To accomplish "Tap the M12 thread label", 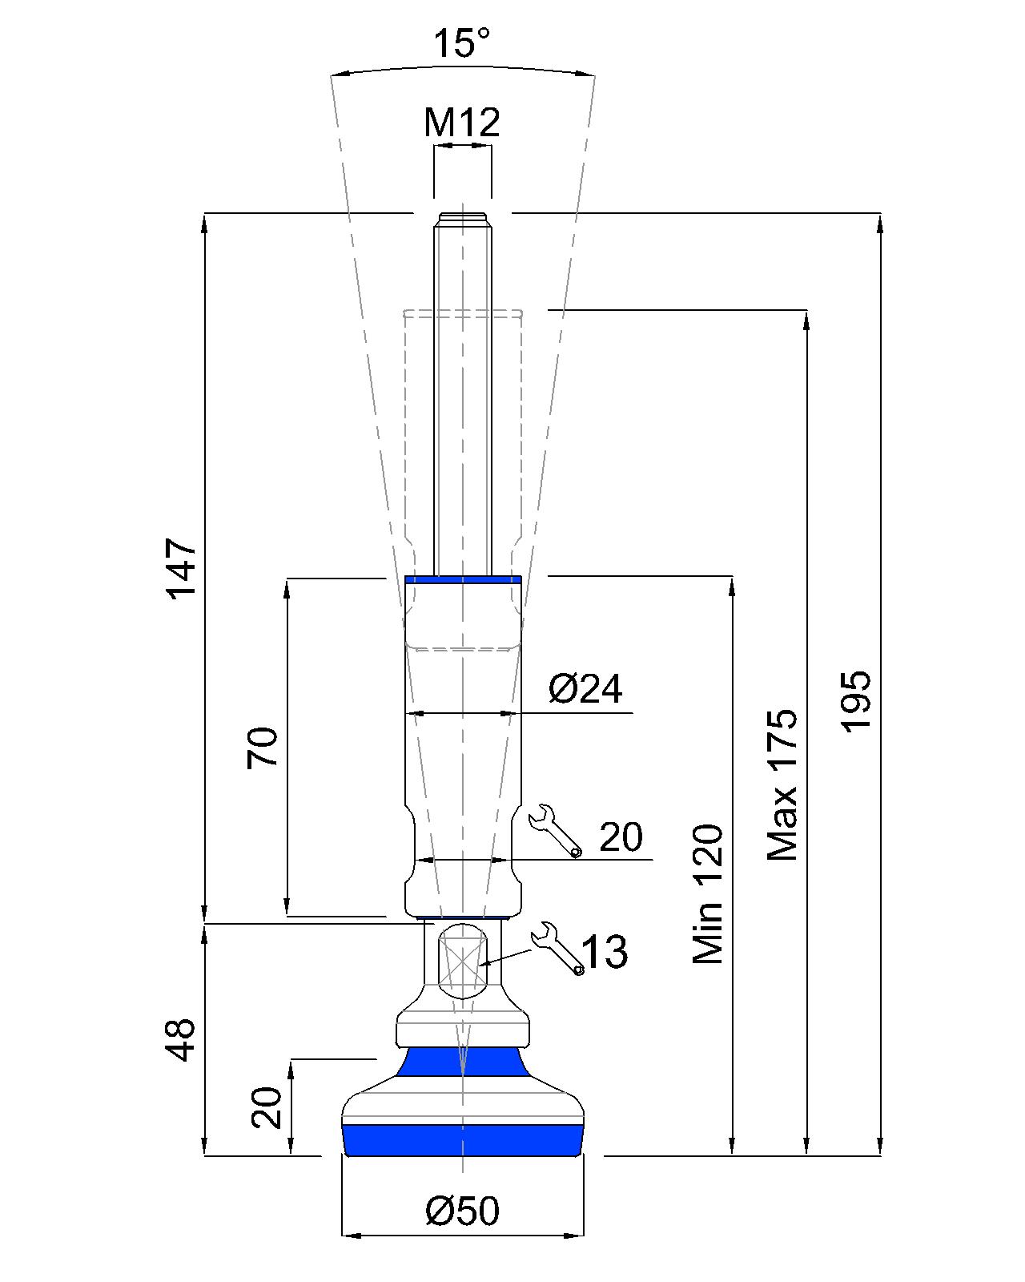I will coord(462,123).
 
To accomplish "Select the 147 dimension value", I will coord(182,569).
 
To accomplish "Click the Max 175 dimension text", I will coord(783,784).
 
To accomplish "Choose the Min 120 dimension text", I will coord(709,893).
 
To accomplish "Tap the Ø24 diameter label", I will coord(585,688).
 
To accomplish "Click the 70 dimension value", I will coord(263,748).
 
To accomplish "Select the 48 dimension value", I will coord(183,1040).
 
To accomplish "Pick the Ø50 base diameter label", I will coord(462,1211).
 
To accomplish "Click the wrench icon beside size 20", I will coord(556,830).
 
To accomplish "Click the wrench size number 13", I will coord(605,952).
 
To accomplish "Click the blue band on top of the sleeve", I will coord(463,579).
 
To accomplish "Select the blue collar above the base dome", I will coord(462,1062).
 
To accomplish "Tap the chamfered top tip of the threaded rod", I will coord(463,218).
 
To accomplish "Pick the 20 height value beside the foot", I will coord(267,1108).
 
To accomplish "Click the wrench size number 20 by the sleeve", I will coord(621,838).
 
